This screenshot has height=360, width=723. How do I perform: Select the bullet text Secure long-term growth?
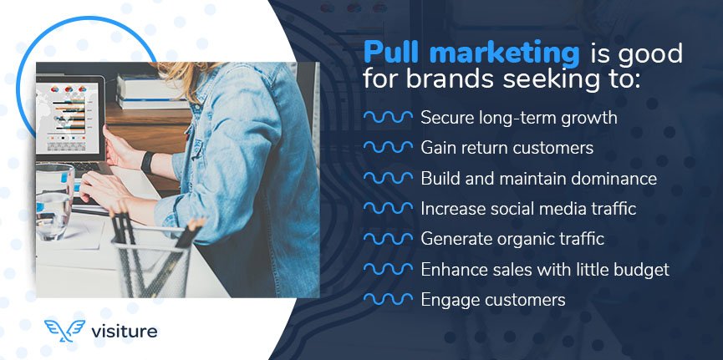pyautogui.click(x=518, y=118)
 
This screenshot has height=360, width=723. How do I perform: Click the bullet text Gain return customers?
pyautogui.click(x=507, y=148)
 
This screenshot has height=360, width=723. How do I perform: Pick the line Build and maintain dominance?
pyautogui.click(x=538, y=178)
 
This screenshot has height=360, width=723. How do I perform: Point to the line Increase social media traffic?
pyautogui.click(x=528, y=208)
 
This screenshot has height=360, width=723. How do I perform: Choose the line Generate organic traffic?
pyautogui.click(x=512, y=239)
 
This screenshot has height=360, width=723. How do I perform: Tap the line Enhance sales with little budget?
pyautogui.click(x=545, y=269)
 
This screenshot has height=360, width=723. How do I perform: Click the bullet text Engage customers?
pyautogui.click(x=493, y=299)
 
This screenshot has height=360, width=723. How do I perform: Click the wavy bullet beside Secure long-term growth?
pyautogui.click(x=388, y=118)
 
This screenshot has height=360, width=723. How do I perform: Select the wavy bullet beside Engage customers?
pyautogui.click(x=388, y=299)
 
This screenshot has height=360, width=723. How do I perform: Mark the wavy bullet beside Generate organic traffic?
pyautogui.click(x=388, y=239)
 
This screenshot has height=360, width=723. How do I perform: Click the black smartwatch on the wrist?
pyautogui.click(x=147, y=161)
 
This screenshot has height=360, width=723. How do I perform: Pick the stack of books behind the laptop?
pyautogui.click(x=142, y=91)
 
